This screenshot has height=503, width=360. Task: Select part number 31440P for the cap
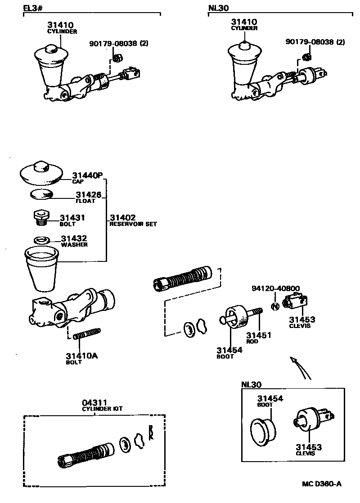pyautogui.click(x=88, y=175)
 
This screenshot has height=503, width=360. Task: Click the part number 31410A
pyautogui.click(x=81, y=356)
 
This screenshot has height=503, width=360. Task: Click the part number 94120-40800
pyautogui.click(x=276, y=288)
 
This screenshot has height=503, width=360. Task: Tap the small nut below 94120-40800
pyautogui.click(x=275, y=306)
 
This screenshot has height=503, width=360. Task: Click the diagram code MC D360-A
pyautogui.click(x=321, y=484)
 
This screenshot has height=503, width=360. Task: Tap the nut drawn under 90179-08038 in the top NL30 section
pyautogui.click(x=306, y=57)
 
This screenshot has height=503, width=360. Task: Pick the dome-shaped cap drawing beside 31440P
pyautogui.click(x=40, y=172)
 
